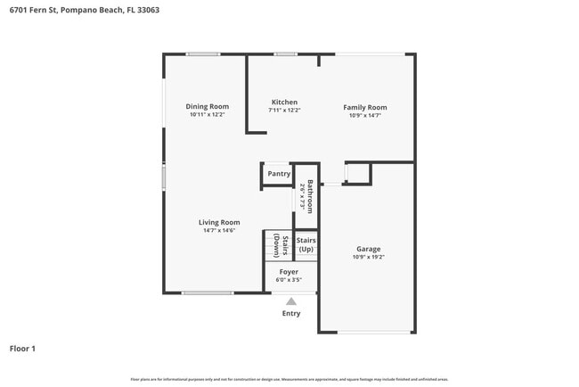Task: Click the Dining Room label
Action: (x=207, y=107)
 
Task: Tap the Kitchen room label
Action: (x=284, y=103)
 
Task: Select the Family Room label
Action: (x=365, y=107)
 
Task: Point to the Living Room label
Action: (x=218, y=222)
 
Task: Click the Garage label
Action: (x=370, y=249)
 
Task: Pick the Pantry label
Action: (x=279, y=174)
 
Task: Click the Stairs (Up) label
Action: (x=306, y=244)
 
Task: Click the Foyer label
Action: (x=289, y=271)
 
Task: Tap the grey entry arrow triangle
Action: (x=291, y=301)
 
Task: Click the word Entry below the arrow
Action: (x=291, y=313)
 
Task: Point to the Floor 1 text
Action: (x=22, y=348)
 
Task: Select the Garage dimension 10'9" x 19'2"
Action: (x=370, y=257)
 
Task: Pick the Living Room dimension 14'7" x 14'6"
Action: (x=218, y=230)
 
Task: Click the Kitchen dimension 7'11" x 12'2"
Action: (x=284, y=111)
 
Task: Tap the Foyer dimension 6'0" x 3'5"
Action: (x=289, y=279)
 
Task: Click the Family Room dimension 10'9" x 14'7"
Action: (x=365, y=115)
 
